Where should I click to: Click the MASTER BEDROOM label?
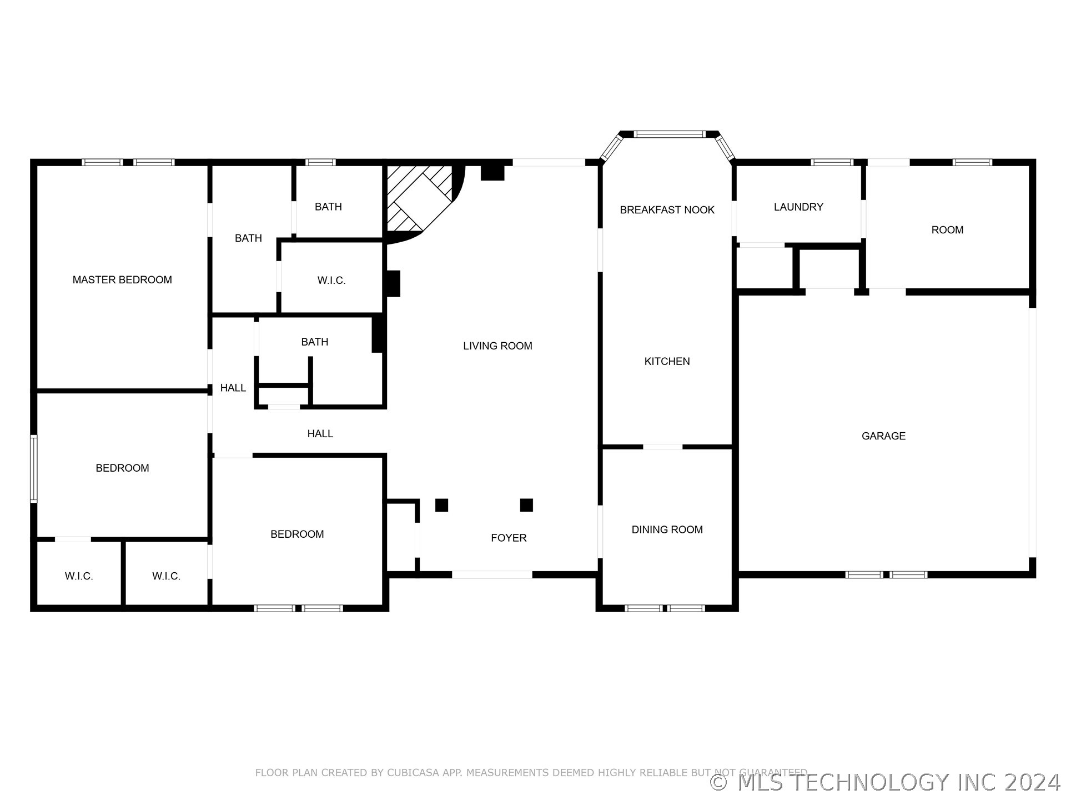pos(122,280)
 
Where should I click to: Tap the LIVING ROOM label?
pos(497,346)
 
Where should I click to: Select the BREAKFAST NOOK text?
pos(667,210)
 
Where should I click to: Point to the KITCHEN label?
pos(667,362)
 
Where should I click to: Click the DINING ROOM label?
pos(667,530)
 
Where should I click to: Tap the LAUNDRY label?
pos(798,207)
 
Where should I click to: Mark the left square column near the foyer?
pos(441,505)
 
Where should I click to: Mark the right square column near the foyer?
pos(526,505)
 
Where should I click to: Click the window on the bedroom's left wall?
pos(34,469)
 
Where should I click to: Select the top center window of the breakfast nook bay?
pos(670,134)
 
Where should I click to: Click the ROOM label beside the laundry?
pos(947,230)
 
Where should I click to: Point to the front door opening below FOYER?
pos(492,574)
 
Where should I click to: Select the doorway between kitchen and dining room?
pos(662,447)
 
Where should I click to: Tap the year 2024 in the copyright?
pos(1032,782)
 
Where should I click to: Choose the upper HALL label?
pos(233,388)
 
